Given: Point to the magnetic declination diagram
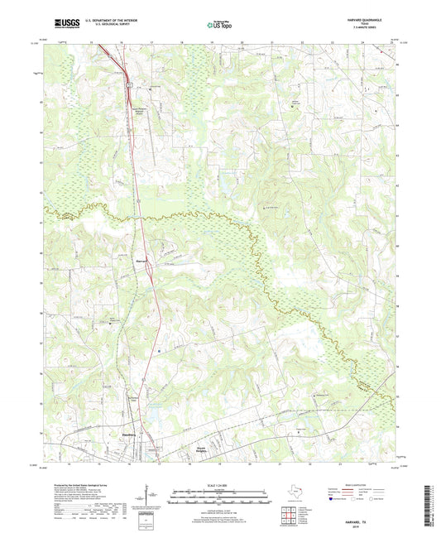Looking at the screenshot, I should pyautogui.click(x=151, y=495).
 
